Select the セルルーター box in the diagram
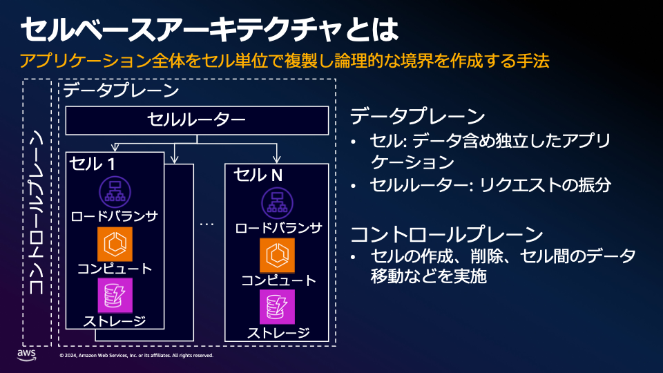[x=197, y=120]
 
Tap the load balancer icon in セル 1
[x=115, y=191]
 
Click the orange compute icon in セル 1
[x=115, y=244]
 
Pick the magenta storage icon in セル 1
[x=115, y=295]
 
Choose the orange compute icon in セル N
[x=278, y=256]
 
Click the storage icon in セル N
[x=278, y=307]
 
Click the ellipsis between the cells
[x=207, y=225]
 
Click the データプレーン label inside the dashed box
[x=111, y=90]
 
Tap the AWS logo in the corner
[x=26, y=354]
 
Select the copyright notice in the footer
[x=137, y=356]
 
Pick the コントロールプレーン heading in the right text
[x=442, y=233]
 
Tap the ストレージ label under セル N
[x=278, y=332]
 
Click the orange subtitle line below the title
[x=285, y=61]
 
